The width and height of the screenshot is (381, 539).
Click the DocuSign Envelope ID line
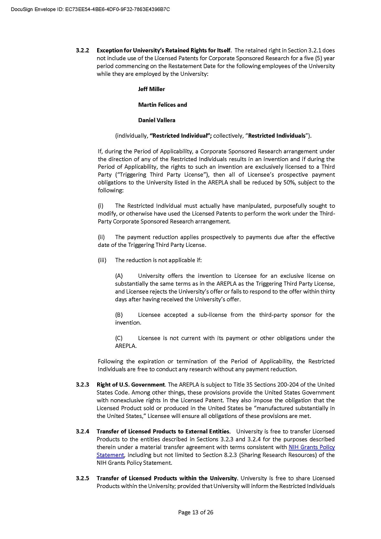click(90, 9)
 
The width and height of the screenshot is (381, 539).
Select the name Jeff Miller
click(151, 89)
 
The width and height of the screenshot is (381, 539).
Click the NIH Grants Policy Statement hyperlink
click(311, 447)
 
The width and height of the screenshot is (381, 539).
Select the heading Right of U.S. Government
click(130, 385)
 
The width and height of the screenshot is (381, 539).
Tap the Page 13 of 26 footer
click(195, 512)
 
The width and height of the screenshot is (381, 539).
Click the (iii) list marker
click(102, 260)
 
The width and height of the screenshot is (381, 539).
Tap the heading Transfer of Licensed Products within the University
click(167, 478)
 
